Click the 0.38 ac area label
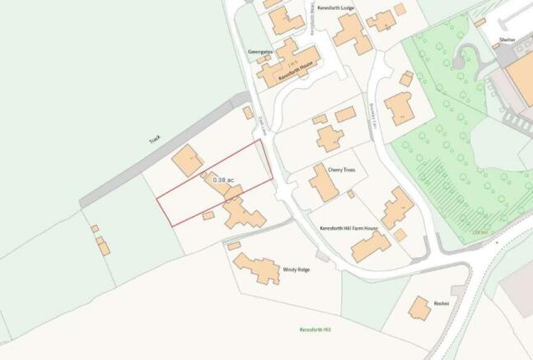pyautogui.click(x=223, y=179)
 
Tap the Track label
pyautogui.click(x=154, y=140)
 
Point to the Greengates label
pyautogui.click(x=259, y=50)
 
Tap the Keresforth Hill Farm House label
pyautogui.click(x=348, y=227)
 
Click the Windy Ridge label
pyautogui.click(x=296, y=269)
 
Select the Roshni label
pyautogui.click(x=441, y=303)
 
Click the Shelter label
pyautogui.click(x=507, y=39)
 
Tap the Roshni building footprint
pyautogui.click(x=420, y=310)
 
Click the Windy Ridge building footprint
pyautogui.click(x=257, y=269)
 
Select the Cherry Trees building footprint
pyautogui.click(x=325, y=184)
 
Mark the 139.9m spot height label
pyautogui.click(x=479, y=233)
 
